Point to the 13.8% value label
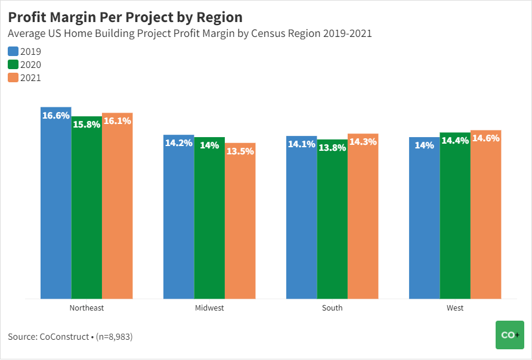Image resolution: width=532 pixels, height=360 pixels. [x=332, y=148]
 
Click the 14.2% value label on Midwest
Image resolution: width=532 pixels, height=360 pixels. [x=178, y=143]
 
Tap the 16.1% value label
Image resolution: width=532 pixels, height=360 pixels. [x=117, y=121]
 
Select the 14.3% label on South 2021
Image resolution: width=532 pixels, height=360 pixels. [x=363, y=142]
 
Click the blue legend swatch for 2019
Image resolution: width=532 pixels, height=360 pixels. [x=13, y=51]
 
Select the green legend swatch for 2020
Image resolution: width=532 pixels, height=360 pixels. [x=13, y=64]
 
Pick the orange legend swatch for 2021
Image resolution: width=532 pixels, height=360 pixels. [x=13, y=77]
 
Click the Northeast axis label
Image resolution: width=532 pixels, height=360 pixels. [x=86, y=308]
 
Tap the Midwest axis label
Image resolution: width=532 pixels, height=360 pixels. [x=209, y=308]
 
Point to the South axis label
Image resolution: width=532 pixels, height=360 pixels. [x=332, y=308]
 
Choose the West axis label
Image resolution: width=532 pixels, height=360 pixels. [x=455, y=308]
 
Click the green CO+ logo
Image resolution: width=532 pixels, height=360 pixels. [x=509, y=335]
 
